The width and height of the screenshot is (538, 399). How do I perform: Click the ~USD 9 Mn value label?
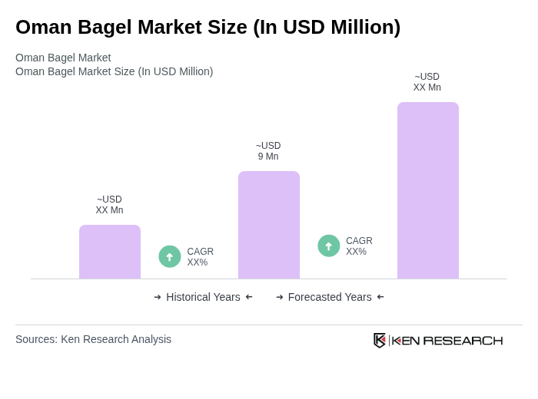point(268,151)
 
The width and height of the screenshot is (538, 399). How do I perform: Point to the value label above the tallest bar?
point(427,82)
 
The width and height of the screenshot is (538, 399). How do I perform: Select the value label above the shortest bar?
point(109,205)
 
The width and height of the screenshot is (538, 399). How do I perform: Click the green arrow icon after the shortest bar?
point(170,256)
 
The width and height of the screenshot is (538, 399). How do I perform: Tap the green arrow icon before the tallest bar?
point(329,246)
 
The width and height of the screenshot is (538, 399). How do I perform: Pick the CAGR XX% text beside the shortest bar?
point(200,257)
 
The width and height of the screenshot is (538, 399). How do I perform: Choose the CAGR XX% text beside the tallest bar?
point(359,246)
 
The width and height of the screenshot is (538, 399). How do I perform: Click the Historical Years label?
point(203,297)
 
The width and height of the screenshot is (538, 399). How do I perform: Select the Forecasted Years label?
point(330,297)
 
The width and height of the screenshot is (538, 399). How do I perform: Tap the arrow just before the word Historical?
point(158,297)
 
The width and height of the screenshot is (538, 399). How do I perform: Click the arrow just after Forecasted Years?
point(380,297)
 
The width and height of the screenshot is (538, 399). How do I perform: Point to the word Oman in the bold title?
point(42,27)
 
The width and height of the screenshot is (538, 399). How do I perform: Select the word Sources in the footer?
point(35,339)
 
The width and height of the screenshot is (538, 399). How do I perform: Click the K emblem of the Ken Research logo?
point(380,340)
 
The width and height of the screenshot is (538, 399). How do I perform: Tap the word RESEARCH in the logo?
point(463,340)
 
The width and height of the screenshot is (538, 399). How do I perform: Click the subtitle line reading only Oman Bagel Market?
point(63,58)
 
